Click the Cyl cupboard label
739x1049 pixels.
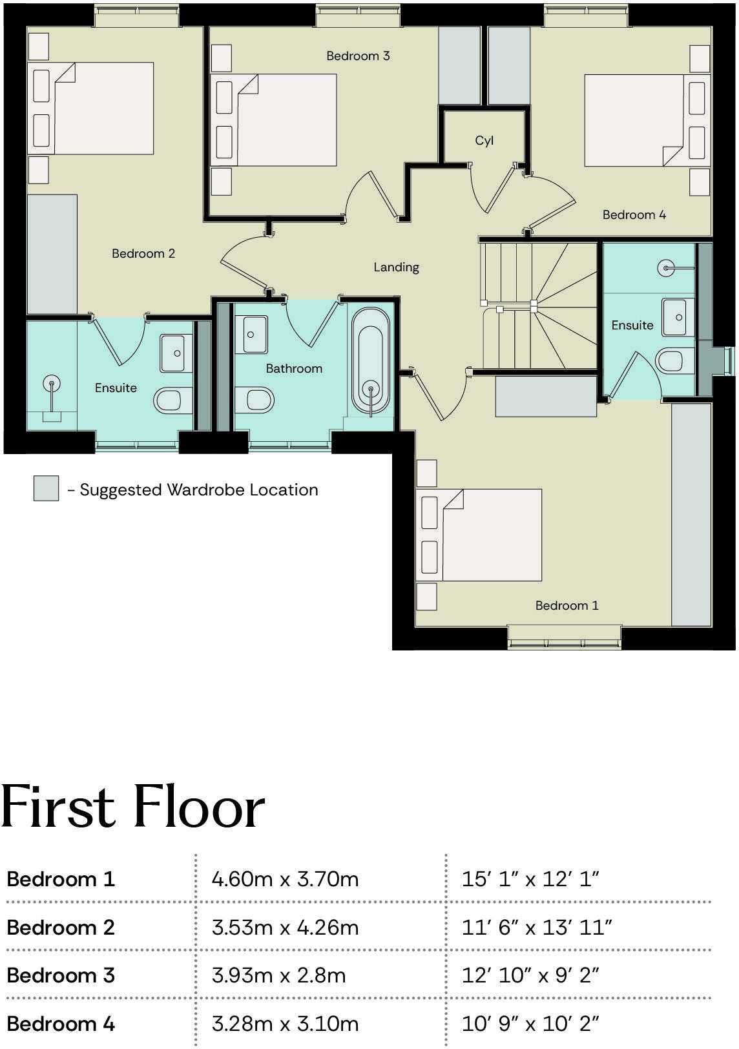pyautogui.click(x=484, y=141)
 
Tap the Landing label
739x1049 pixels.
pyautogui.click(x=396, y=267)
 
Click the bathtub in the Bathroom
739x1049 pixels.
pyautogui.click(x=371, y=362)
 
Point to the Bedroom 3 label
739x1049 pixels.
pyautogui.click(x=358, y=56)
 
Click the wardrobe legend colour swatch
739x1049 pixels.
pyautogui.click(x=46, y=489)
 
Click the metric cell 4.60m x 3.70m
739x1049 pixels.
pyautogui.click(x=285, y=879)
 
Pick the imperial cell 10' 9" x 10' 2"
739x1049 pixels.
pyautogui.click(x=530, y=1024)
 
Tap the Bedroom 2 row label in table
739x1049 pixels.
pyautogui.click(x=61, y=928)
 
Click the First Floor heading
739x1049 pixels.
pyautogui.click(x=133, y=807)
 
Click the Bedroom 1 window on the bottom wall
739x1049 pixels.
pyautogui.click(x=565, y=636)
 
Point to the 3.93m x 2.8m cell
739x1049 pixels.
pyautogui.click(x=278, y=975)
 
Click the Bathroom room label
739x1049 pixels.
pyautogui.click(x=294, y=368)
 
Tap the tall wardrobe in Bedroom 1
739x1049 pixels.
pyautogui.click(x=691, y=514)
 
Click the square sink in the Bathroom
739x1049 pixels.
pyautogui.click(x=251, y=334)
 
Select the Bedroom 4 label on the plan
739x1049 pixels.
pyautogui.click(x=634, y=214)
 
